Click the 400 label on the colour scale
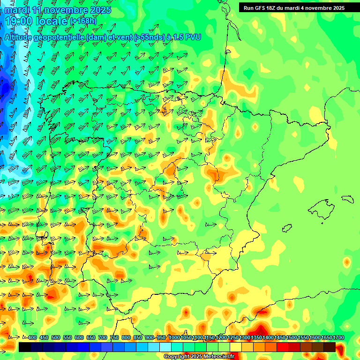[x=32, y=337]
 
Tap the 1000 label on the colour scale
[x=174, y=337]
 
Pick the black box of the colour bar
[x=25, y=347]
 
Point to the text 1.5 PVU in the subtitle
[x=187, y=37]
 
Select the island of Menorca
[x=347, y=198]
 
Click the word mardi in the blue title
[x=17, y=9]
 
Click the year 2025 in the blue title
[x=99, y=9]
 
